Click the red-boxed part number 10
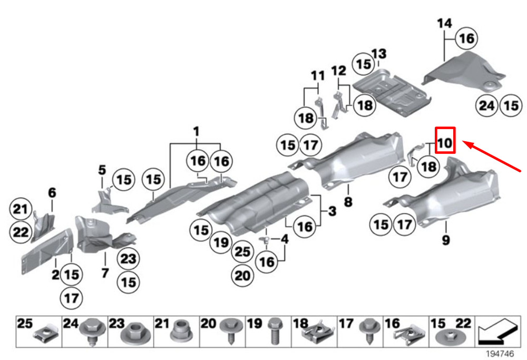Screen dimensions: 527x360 445,141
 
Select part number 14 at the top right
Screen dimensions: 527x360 445,23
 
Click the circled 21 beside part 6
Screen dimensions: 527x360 20,210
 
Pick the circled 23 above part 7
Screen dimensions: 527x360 129,259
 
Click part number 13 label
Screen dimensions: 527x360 378,53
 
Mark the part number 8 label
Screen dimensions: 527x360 348,201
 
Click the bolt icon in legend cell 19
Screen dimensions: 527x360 275,332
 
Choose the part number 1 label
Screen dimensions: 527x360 196,130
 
